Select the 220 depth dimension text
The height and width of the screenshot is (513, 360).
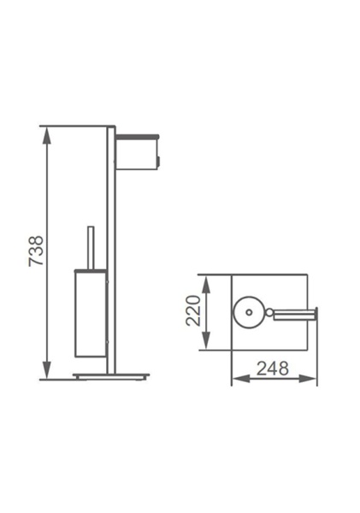point(193,312)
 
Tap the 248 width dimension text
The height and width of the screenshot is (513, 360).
point(273,369)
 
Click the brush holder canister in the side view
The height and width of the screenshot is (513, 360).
point(89,312)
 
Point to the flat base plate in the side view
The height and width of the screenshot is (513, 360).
point(110,375)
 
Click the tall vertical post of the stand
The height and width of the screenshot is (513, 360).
point(110,248)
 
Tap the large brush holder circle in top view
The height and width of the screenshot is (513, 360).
point(249,312)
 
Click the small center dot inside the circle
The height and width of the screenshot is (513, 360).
point(249,312)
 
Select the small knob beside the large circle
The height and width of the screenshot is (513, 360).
point(269,313)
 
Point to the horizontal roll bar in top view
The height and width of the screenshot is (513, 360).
point(292,313)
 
